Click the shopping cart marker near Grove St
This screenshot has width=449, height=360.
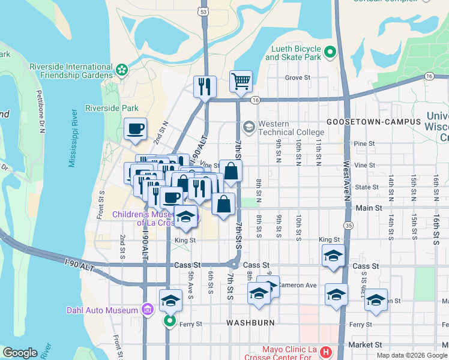241,81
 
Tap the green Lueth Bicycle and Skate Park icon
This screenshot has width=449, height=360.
330,53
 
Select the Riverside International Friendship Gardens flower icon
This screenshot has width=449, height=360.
122,70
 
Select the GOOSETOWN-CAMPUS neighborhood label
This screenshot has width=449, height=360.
366,121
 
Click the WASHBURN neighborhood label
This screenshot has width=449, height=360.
250,323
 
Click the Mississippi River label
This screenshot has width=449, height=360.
77,137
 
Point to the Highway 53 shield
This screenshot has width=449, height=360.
205,11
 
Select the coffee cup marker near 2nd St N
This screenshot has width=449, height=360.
135,128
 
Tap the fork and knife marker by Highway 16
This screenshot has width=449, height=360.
205,86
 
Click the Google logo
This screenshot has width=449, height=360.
20,353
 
